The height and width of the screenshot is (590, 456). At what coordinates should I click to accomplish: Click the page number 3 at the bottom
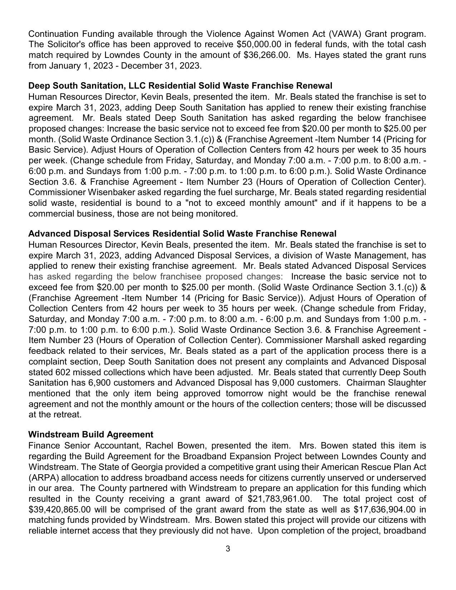coord(228,549)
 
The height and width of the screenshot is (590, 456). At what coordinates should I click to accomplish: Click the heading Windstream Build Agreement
coord(91,435)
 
